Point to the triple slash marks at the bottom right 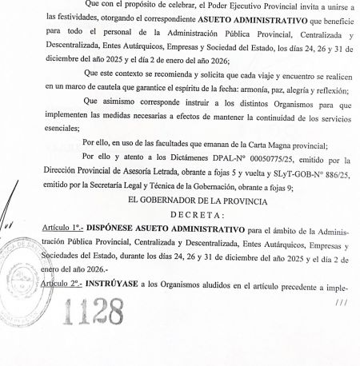pos(342,301)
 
